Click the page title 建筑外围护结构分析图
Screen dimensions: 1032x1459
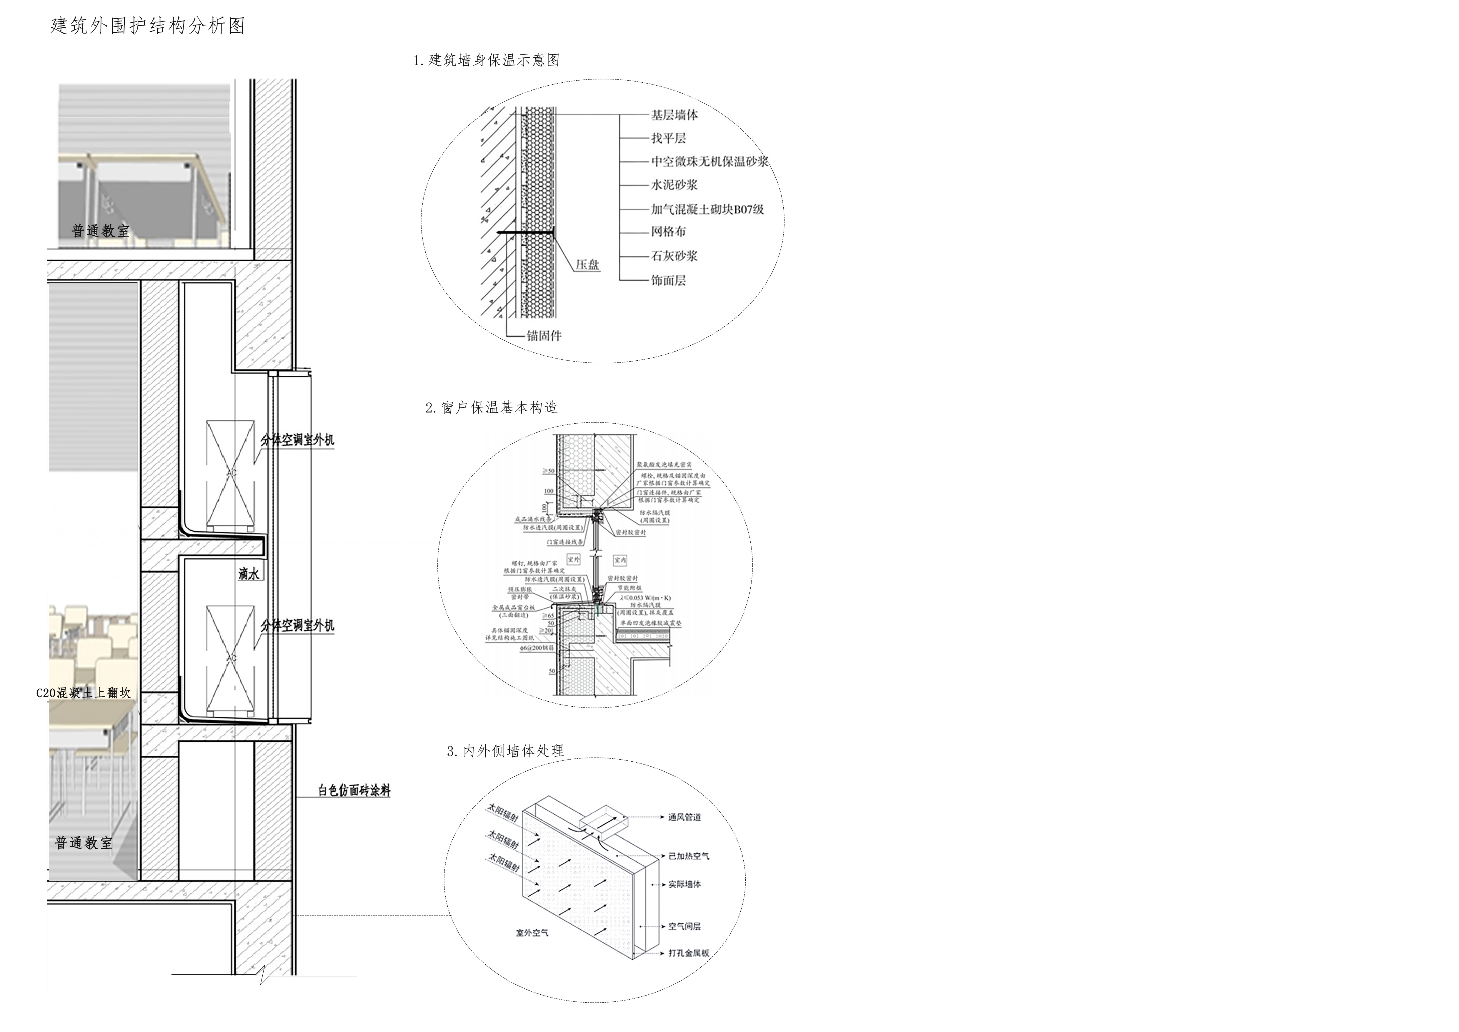(147, 26)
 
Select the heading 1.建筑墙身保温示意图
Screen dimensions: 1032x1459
(486, 60)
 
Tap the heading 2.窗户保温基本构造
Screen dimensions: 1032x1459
(491, 407)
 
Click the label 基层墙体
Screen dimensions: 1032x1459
(674, 115)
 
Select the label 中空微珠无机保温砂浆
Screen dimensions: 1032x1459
(709, 162)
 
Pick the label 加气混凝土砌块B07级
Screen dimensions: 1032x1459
(707, 209)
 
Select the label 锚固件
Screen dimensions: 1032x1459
(544, 336)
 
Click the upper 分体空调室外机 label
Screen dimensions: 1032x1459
(297, 440)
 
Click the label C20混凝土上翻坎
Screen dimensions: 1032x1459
(83, 693)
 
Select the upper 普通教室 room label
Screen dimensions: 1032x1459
(100, 231)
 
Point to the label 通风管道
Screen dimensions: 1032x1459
(684, 817)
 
